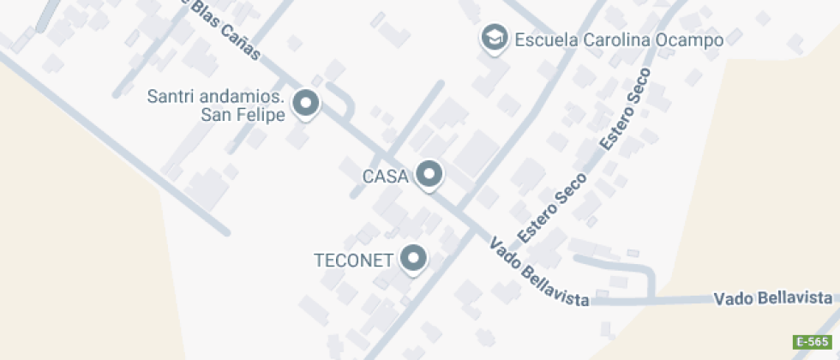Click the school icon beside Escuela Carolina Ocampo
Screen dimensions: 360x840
pos(493,39)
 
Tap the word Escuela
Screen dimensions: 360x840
pos(546,39)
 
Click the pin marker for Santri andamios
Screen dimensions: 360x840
pos(306,105)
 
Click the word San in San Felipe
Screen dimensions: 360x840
pos(214,115)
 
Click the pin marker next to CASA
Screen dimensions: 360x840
pos(429,175)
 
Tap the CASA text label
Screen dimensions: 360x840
pos(385,177)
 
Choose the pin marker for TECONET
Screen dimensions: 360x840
pos(415,259)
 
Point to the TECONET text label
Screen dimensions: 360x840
pos(353,260)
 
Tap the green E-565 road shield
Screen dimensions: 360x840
pos(813,342)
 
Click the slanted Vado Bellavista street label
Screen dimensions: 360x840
pos(538,273)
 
